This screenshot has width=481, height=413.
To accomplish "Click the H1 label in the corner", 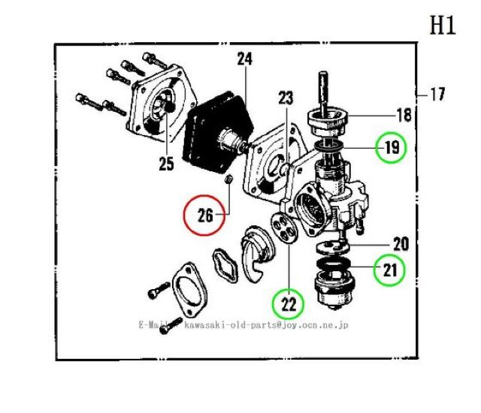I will (x=443, y=26).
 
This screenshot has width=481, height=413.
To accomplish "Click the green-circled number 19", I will (x=391, y=147).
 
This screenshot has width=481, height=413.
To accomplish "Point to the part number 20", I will (x=400, y=244).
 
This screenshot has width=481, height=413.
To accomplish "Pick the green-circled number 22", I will (x=289, y=304).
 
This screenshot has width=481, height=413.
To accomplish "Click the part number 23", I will (x=286, y=98).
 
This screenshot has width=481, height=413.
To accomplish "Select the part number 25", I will (x=165, y=162).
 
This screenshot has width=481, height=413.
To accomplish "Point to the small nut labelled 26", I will (x=230, y=179).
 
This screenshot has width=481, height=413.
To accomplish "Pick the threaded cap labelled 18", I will (x=331, y=120).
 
